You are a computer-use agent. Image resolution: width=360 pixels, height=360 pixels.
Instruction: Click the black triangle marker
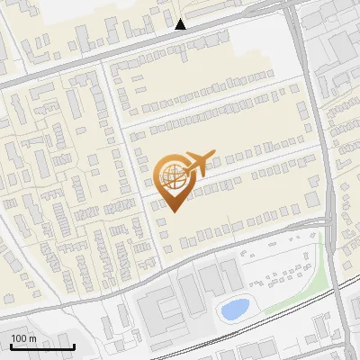click(181, 24)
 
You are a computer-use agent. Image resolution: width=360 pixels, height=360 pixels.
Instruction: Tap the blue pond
click(235, 310)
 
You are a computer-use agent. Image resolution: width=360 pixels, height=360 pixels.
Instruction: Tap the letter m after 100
click(33, 338)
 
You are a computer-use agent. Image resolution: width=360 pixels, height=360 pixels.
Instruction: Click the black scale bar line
click(41, 346)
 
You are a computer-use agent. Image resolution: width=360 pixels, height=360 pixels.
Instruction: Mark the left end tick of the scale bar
click(11, 345)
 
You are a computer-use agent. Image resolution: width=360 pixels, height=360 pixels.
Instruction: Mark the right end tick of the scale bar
click(74, 345)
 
